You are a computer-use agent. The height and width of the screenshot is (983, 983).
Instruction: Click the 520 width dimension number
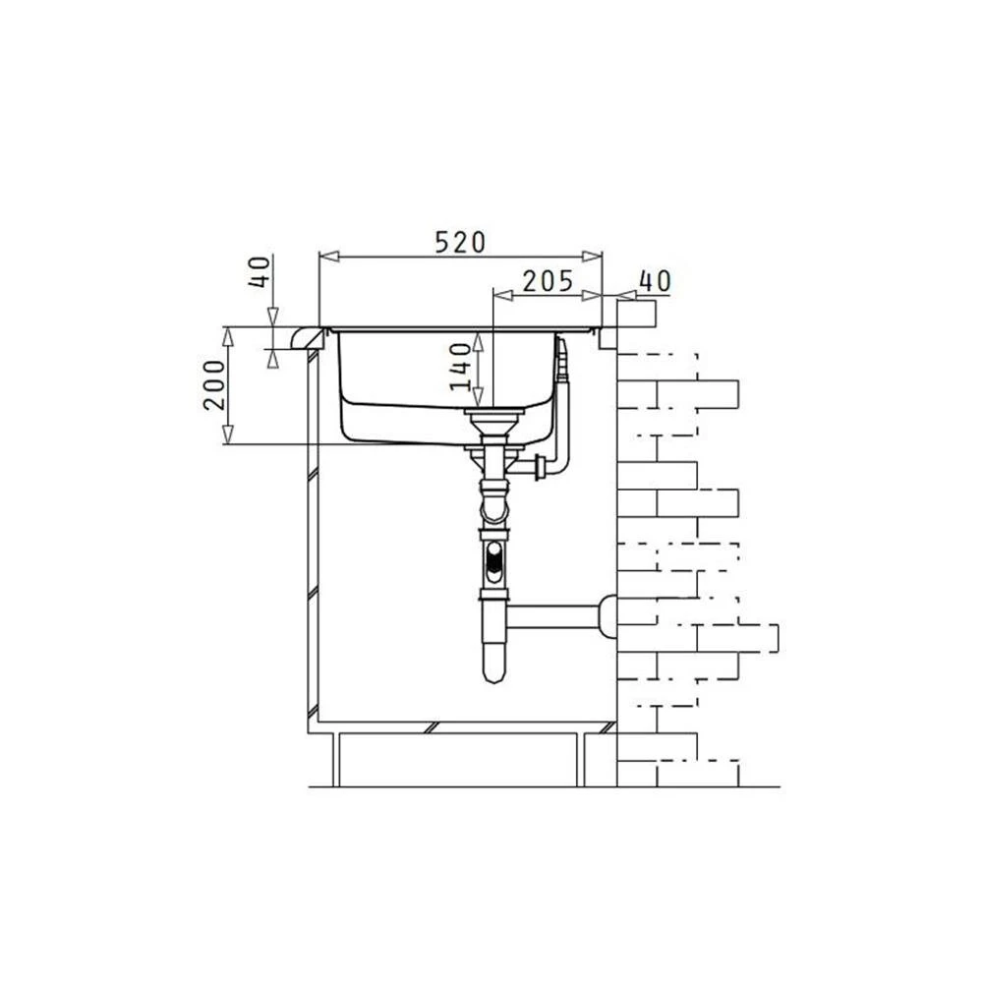point(460,242)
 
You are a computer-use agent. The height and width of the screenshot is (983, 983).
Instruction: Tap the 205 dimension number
point(548,281)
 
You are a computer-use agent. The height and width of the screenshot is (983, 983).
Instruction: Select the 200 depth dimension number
point(214,385)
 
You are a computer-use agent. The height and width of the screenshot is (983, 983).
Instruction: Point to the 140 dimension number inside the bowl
point(461,367)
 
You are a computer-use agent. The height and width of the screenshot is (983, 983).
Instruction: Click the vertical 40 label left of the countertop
point(260,271)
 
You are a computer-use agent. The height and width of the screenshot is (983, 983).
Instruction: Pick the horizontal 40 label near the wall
point(655,281)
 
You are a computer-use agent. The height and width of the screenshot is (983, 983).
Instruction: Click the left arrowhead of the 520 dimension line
point(329,257)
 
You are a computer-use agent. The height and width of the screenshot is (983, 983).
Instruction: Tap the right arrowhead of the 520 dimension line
point(593,257)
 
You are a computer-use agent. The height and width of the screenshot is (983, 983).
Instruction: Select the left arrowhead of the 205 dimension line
point(503,295)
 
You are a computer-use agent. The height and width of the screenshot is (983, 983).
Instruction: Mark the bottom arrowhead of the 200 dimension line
point(228,434)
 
